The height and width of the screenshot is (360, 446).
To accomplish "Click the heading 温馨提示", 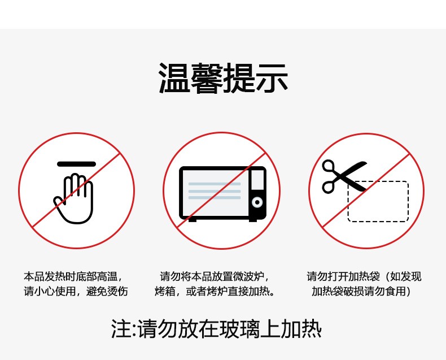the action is coord(224,78).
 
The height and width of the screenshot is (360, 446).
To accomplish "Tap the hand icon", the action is coord(73,198).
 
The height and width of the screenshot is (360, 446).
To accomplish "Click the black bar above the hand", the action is coord(77,164).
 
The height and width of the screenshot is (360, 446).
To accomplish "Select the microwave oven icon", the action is coord(222,194).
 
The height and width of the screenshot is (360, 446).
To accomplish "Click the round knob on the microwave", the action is coord(257,202).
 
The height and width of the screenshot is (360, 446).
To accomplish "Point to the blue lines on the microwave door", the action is coord(215,191).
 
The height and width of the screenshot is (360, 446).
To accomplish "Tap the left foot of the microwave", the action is coord(193,220).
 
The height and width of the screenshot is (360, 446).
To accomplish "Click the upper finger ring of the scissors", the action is coord(328,166).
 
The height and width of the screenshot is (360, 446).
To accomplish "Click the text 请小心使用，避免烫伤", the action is coord(76,291).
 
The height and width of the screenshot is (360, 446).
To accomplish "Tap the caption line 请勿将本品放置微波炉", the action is coord(215,276).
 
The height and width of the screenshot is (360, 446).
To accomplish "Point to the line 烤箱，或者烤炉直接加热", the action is coord(215,291).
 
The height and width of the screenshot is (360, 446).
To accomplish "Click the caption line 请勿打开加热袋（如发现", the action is coord(364,276).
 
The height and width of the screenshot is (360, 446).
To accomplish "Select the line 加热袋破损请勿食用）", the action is coord(361,291).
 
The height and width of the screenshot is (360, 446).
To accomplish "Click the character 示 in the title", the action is coord(272,78).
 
